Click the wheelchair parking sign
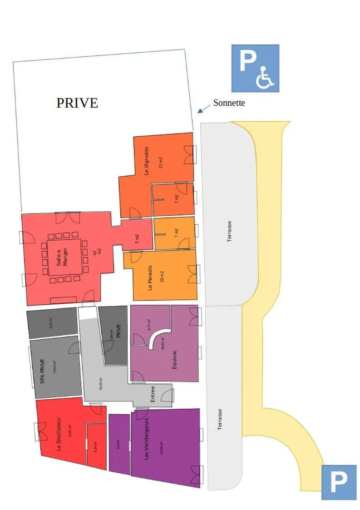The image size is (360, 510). pyautogui.click(x=255, y=68)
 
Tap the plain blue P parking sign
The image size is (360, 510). pyautogui.click(x=339, y=482)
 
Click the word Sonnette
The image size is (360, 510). pyautogui.click(x=229, y=103)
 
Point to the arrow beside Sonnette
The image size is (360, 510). pyautogui.click(x=203, y=108)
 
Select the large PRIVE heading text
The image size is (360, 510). pyautogui.click(x=77, y=103)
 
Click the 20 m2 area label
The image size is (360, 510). pyautogui.click(x=162, y=276)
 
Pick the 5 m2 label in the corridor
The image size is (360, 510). pyautogui.click(x=137, y=239)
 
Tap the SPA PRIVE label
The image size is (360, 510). pyautogui.click(x=43, y=371)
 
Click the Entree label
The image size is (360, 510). pyautogui.click(x=153, y=394)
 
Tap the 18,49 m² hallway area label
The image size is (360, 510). pyautogui.click(x=100, y=383)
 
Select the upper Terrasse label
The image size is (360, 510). pyautogui.click(x=230, y=231)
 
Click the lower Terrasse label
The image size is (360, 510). pyautogui.click(x=220, y=419)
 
